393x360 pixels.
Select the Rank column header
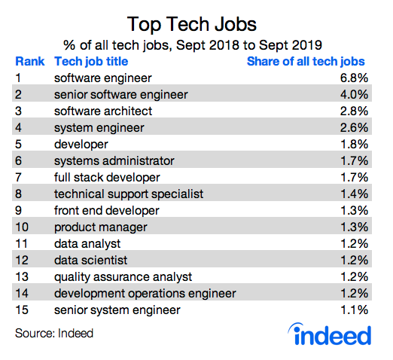pyautogui.click(x=29, y=61)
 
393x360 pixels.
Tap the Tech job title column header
pyautogui.click(x=90, y=61)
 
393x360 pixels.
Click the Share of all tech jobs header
pyautogui.click(x=306, y=61)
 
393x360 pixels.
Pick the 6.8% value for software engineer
pyautogui.click(x=352, y=78)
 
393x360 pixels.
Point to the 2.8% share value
pyautogui.click(x=352, y=111)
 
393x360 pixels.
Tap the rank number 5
pyautogui.click(x=19, y=144)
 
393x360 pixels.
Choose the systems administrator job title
pyautogui.click(x=114, y=160)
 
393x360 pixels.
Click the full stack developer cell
pyautogui.click(x=107, y=177)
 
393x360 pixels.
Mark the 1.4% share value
pyautogui.click(x=352, y=194)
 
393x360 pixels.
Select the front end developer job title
pyautogui.click(x=106, y=210)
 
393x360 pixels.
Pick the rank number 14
pyautogui.click(x=22, y=293)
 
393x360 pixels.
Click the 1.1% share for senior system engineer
pyautogui.click(x=352, y=310)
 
